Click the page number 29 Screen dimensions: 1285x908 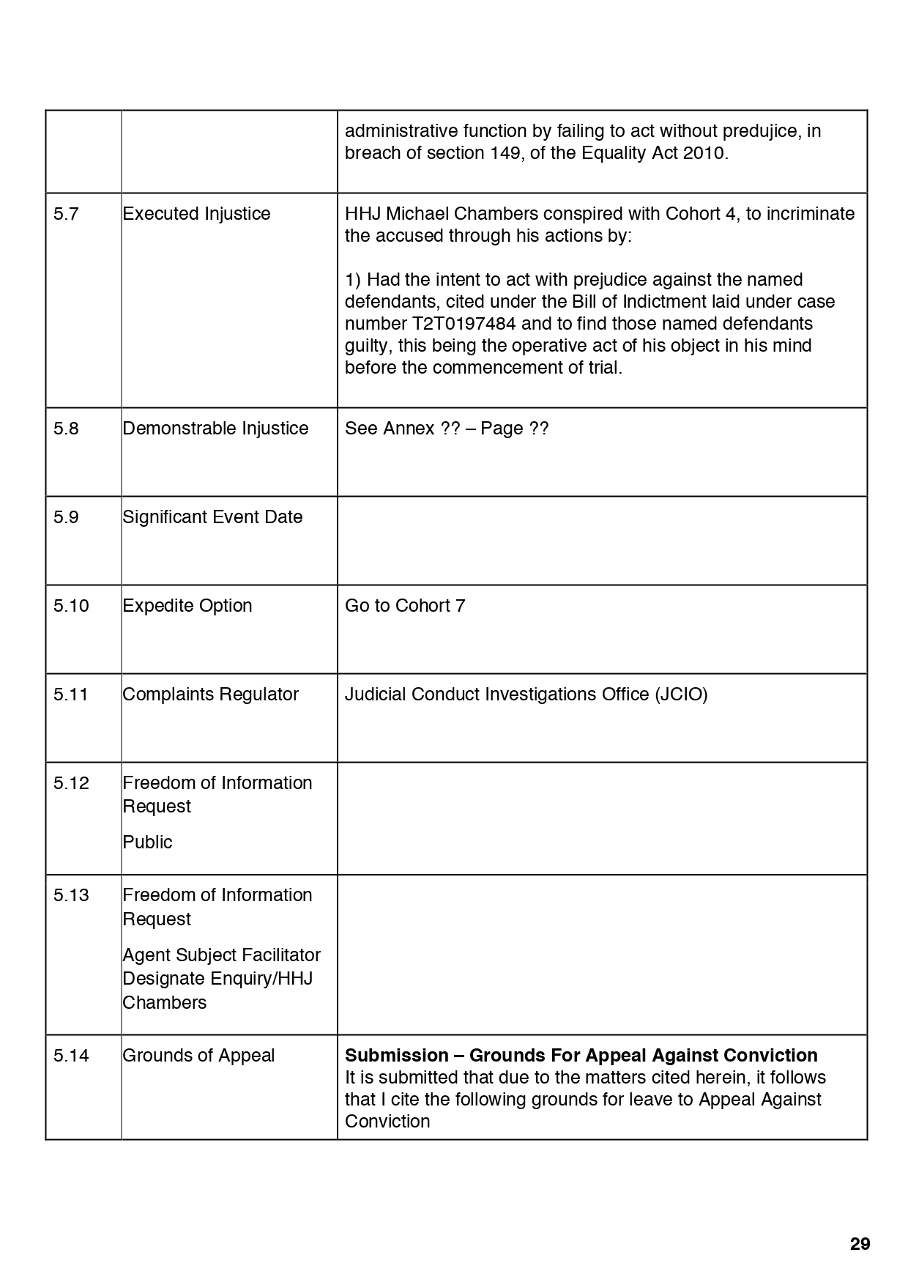coord(860,1243)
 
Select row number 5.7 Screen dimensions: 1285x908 coord(66,214)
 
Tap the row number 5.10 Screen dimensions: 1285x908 coord(71,606)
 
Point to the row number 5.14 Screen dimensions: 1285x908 coord(71,1056)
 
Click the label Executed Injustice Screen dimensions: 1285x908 coord(196,214)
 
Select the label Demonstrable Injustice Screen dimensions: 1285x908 coord(215,429)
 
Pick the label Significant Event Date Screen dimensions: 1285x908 coord(212,517)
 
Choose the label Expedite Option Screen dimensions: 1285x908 coord(187,606)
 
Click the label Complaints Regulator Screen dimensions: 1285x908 coord(210,695)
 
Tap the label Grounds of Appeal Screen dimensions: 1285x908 coord(198,1056)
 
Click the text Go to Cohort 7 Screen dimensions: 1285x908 coord(405,606)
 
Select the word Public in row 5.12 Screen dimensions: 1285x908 coord(147,843)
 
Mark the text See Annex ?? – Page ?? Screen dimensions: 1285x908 coord(447,429)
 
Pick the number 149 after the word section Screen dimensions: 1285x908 coord(505,153)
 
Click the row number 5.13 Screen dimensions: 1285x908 coord(71,895)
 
